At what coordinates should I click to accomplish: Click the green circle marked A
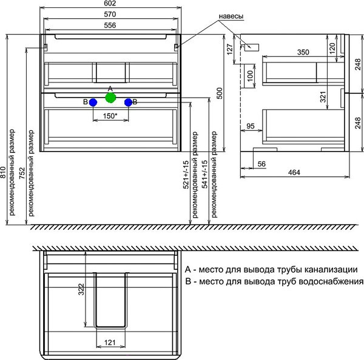[110, 97]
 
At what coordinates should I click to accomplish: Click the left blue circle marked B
[93, 102]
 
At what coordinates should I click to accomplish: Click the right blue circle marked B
[128, 102]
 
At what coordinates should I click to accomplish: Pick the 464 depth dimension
[294, 173]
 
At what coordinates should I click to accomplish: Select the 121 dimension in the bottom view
[110, 343]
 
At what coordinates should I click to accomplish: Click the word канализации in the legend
[329, 270]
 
